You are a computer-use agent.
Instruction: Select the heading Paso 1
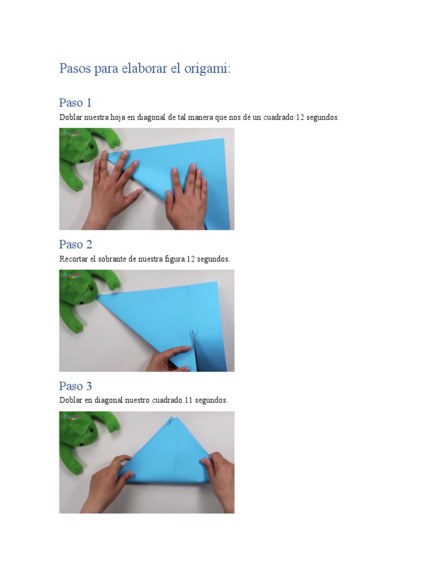point(75,103)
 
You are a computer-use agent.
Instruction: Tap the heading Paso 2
point(75,245)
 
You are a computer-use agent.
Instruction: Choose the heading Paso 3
point(75,386)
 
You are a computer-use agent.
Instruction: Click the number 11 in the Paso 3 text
point(189,400)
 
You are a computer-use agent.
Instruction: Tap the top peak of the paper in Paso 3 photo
point(171,417)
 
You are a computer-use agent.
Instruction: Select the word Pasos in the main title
point(75,68)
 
